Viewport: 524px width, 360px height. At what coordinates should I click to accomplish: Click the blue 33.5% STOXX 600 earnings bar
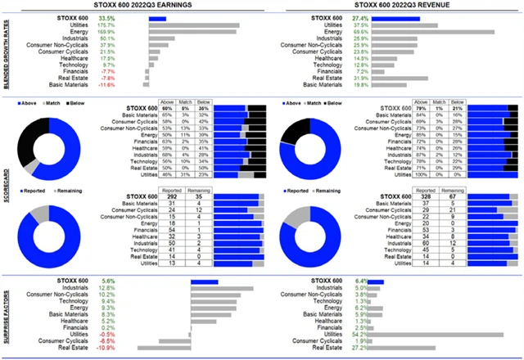[157, 17]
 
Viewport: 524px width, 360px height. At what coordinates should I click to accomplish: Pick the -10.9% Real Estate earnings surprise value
[107, 349]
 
